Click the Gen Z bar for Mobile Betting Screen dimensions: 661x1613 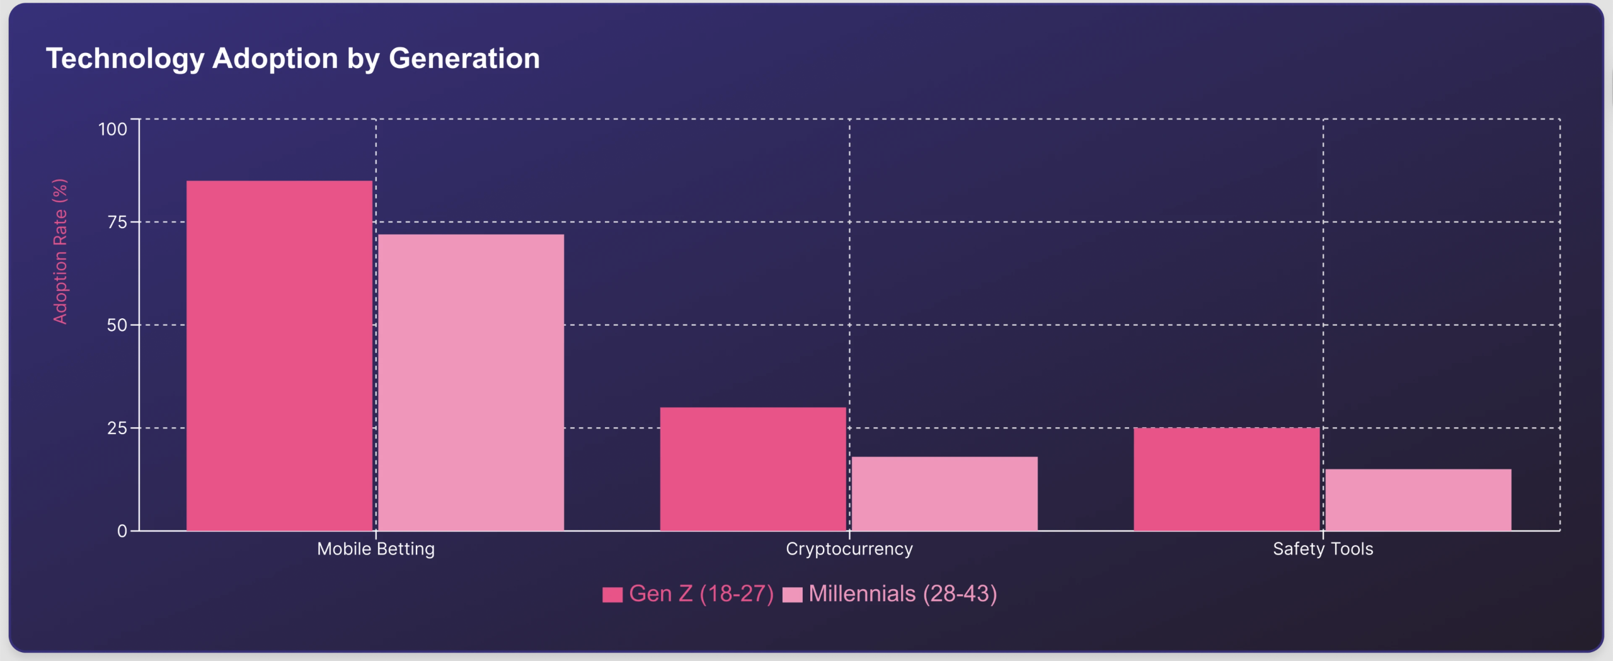coord(279,355)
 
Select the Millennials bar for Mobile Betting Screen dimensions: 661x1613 coord(471,382)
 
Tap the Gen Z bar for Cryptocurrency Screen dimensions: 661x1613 coord(753,469)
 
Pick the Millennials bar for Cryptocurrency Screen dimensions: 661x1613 coord(944,493)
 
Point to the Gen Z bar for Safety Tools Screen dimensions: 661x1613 coord(1226,479)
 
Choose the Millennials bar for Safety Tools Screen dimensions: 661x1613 coord(1418,500)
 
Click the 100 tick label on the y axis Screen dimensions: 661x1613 coord(113,129)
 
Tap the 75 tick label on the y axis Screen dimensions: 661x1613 coord(117,222)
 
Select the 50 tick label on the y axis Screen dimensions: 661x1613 coord(117,325)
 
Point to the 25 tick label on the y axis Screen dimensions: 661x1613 coord(117,428)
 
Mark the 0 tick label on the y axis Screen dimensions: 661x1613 coord(122,531)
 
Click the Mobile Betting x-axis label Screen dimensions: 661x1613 coord(376,549)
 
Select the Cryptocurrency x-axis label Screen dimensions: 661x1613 coord(849,549)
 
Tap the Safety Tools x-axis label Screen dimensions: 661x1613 coord(1323,549)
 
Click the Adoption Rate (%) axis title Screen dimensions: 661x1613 coord(60,251)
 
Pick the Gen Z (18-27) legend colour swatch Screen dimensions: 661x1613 coord(612,594)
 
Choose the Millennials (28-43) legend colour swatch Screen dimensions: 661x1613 coord(792,594)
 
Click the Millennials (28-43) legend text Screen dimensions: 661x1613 coord(902,594)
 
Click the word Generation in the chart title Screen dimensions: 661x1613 coord(464,59)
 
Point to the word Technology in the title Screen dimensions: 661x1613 coord(125,59)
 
